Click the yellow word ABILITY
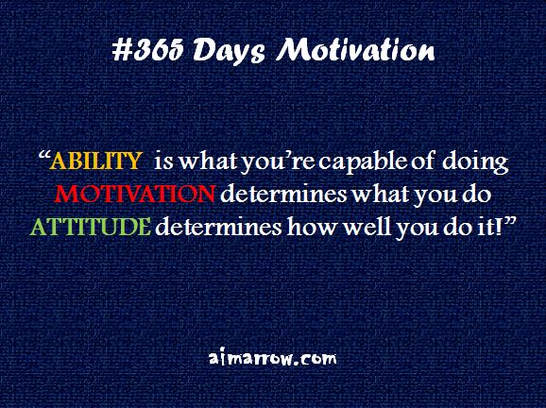click(x=91, y=162)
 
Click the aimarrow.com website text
click(x=272, y=359)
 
